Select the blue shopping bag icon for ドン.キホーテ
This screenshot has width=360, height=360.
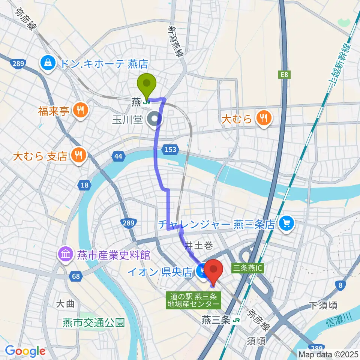pyautogui.click(x=49, y=63)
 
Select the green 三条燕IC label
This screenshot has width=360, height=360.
pyautogui.click(x=249, y=268)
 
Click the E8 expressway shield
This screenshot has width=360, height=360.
pyautogui.click(x=285, y=75)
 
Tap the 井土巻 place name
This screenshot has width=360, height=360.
pyautogui.click(x=199, y=246)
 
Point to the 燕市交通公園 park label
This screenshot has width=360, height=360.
pyautogui.click(x=93, y=322)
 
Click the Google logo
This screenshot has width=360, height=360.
pyautogui.click(x=25, y=351)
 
